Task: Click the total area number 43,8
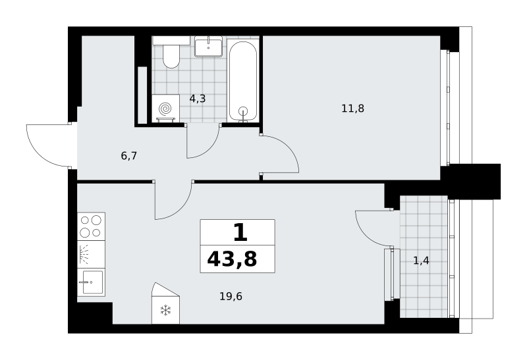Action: click(232, 259)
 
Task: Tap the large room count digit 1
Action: click(240, 233)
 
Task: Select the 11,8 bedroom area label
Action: click(352, 109)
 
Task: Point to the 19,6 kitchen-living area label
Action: click(231, 297)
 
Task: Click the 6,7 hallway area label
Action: click(128, 156)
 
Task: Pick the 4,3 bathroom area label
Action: click(198, 99)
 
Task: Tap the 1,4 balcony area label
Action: click(421, 260)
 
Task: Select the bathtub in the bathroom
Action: click(242, 80)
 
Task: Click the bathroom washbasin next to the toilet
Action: click(208, 46)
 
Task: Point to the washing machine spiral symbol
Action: click(165, 109)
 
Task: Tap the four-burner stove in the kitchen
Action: click(91, 226)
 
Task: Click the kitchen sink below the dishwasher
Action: click(91, 282)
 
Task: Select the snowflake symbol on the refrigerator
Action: click(166, 310)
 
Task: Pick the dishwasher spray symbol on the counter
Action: click(84, 254)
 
